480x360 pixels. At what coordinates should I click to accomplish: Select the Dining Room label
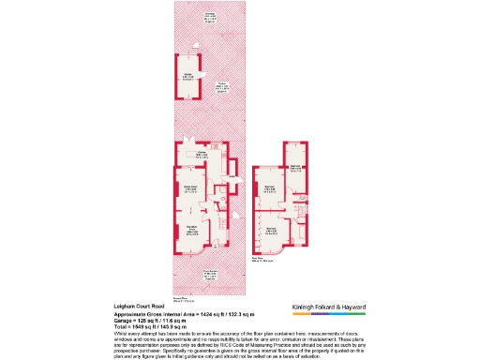[188, 190]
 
